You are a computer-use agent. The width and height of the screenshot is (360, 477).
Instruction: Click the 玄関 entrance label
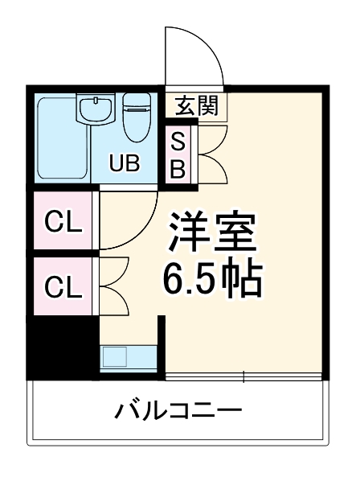(197, 105)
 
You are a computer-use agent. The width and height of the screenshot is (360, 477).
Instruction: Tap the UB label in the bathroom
(125, 164)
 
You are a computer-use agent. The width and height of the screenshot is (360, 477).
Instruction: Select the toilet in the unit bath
(137, 112)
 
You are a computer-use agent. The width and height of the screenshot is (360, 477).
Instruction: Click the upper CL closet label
(63, 223)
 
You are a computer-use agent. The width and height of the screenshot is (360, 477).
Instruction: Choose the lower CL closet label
(63, 286)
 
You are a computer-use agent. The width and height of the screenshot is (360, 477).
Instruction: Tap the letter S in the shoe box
(179, 142)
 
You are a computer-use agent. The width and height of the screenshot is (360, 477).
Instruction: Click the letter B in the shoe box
(179, 168)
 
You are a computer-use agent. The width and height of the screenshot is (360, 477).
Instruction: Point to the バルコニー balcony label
(178, 413)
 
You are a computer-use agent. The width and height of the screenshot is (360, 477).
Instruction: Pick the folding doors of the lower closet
(112, 286)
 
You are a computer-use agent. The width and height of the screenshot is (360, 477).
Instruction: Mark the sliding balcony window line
(244, 376)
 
